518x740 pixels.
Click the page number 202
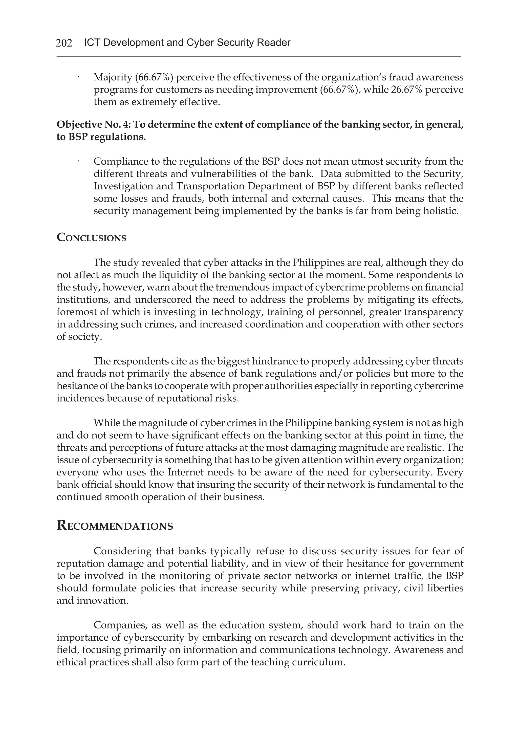pos(64,43)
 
